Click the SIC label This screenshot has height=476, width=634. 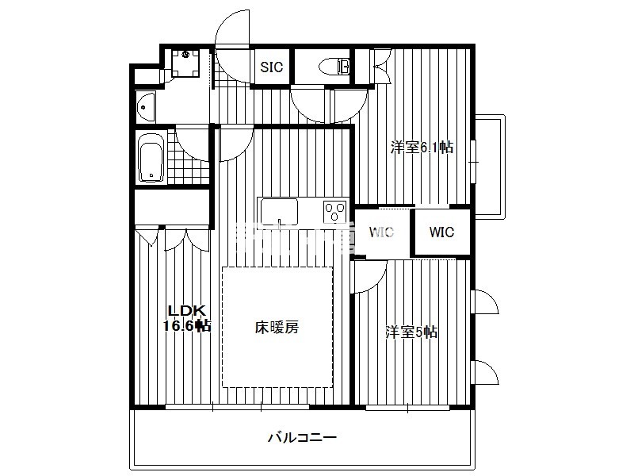tap(271, 67)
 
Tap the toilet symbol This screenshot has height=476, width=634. tap(334, 67)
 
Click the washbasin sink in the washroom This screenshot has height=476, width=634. tap(146, 107)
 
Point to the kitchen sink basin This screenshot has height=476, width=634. tap(279, 212)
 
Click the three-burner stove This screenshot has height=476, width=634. tap(335, 211)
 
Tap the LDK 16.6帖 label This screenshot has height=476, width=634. tap(187, 318)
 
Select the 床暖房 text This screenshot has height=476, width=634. tap(277, 327)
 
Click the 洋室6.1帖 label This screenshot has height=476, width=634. tap(422, 147)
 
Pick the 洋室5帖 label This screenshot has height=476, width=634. tap(411, 332)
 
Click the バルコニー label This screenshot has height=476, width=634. tap(302, 438)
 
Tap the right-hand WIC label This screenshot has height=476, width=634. tap(441, 232)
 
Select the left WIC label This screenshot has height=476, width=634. tap(381, 232)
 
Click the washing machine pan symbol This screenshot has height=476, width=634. tap(185, 63)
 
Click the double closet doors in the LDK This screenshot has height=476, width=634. tap(187, 241)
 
